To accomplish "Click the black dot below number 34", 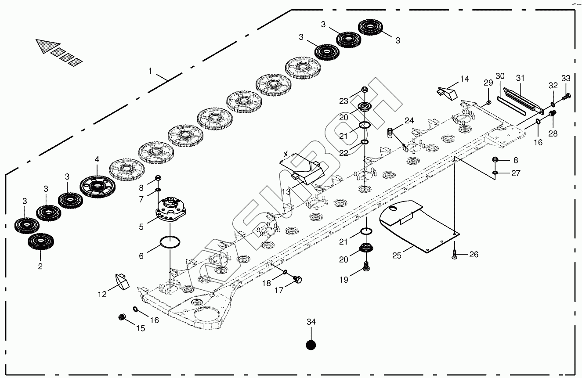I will point(311,345).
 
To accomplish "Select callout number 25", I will point(397,255).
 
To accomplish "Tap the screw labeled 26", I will point(455,253).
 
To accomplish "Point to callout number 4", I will point(97,160).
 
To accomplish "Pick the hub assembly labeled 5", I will point(170,241).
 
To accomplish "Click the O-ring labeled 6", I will point(170,241).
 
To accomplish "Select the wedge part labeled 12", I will point(120,281).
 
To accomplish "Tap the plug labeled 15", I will point(123,317).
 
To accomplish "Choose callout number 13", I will point(286,191).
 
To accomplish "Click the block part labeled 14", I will point(447,92).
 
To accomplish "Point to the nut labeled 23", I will point(364,90).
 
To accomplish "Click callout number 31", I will point(521,78).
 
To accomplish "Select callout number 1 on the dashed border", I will point(150,71).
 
